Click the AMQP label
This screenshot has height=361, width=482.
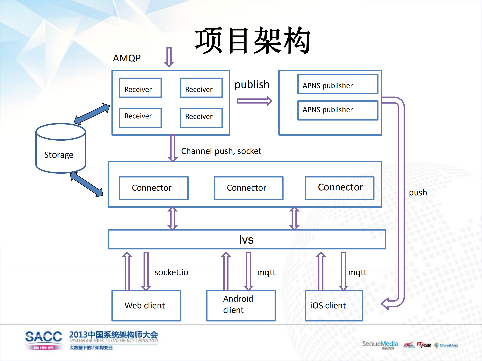point(127,58)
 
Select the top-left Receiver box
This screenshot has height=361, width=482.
point(140,88)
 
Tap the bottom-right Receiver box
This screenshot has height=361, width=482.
point(201,118)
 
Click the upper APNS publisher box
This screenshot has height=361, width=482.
point(337,84)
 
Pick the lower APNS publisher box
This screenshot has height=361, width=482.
point(337,110)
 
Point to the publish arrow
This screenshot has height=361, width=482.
point(254,101)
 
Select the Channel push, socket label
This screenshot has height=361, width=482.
point(221,151)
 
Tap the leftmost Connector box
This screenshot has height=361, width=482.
point(153,188)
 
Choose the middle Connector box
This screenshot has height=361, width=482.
point(248,188)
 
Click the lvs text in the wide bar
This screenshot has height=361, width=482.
point(246,240)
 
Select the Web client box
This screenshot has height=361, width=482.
point(146,306)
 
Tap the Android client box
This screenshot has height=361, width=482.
point(241,306)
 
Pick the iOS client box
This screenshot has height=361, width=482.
point(334,306)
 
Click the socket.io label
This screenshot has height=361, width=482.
point(171,272)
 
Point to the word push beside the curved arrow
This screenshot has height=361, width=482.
point(418,193)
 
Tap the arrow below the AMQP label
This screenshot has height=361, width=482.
point(169,57)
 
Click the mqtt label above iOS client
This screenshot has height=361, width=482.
point(357,272)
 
